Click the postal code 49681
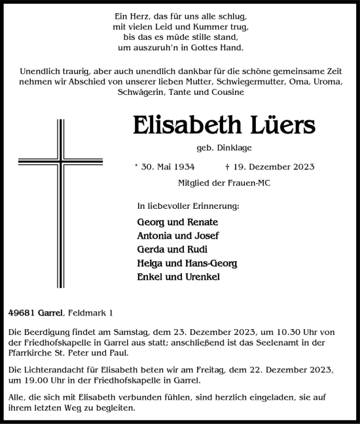[24, 312]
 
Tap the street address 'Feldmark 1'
[82, 312]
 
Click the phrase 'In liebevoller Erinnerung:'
[189, 205]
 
